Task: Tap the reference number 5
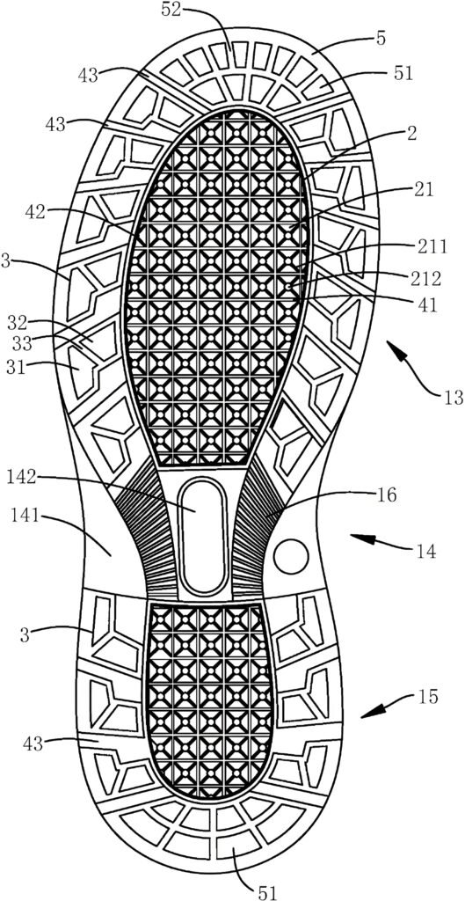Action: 381,39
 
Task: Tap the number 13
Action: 449,397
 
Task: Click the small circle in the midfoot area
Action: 291,556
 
